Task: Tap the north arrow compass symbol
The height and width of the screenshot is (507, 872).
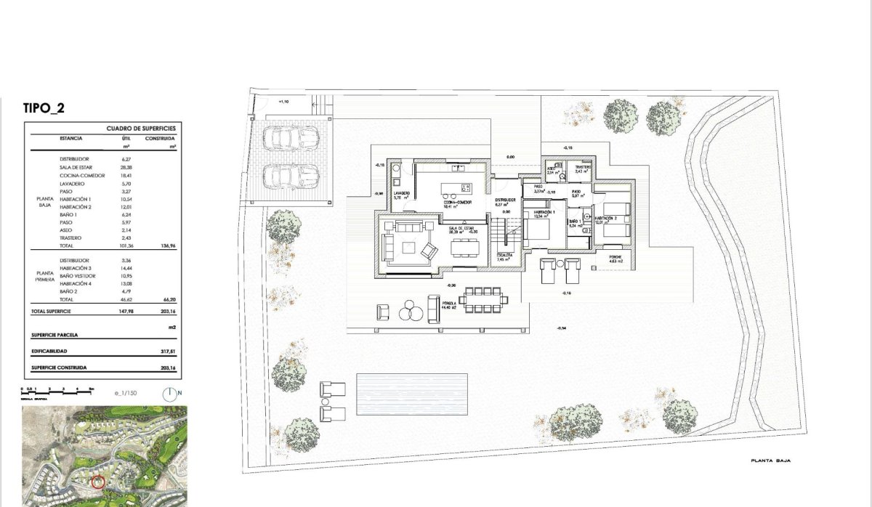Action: pos(170,394)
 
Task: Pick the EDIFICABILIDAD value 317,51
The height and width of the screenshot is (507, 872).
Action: pos(169,352)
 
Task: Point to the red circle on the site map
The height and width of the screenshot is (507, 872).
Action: pos(99,481)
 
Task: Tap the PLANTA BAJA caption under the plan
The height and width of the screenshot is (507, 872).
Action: pos(771,461)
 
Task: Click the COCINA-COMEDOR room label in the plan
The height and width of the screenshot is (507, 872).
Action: pos(459,203)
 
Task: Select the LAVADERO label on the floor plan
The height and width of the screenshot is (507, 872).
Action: pos(402,193)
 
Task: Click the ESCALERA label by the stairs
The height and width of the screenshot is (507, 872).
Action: pos(505,256)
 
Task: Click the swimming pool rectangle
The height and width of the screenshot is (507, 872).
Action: pos(411,393)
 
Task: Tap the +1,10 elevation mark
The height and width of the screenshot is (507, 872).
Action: pos(283,102)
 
